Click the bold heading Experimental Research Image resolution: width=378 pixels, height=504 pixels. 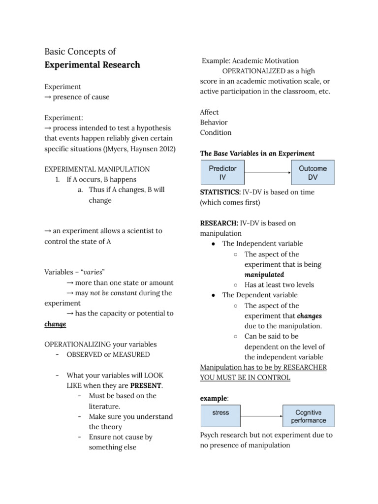pos(92,65)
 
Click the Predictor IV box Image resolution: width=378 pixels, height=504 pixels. pos(222,172)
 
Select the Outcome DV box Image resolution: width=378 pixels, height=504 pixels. pos(313,172)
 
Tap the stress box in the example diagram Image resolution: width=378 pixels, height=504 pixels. pos(220,416)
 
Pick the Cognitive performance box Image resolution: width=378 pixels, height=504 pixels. pos(309,416)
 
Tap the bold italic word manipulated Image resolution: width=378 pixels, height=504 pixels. pos(264,275)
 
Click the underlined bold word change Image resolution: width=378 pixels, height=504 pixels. pos(55,324)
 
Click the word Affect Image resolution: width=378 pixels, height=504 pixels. pos(209,112)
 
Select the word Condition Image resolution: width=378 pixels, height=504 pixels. pos(216,132)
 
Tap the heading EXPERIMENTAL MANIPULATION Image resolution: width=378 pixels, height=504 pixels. pos(97,169)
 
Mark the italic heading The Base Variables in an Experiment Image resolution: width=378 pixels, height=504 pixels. pos(257,153)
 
